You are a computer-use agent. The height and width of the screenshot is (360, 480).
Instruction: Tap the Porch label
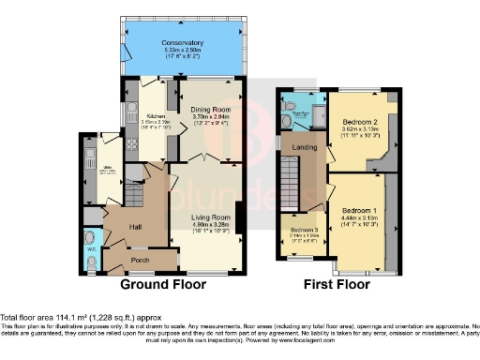click(140, 261)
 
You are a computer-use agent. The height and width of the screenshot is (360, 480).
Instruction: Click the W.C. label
click(90, 250)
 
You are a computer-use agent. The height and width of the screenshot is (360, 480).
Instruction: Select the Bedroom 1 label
click(359, 210)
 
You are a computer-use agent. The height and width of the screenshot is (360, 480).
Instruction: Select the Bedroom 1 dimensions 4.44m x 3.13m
click(359, 217)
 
